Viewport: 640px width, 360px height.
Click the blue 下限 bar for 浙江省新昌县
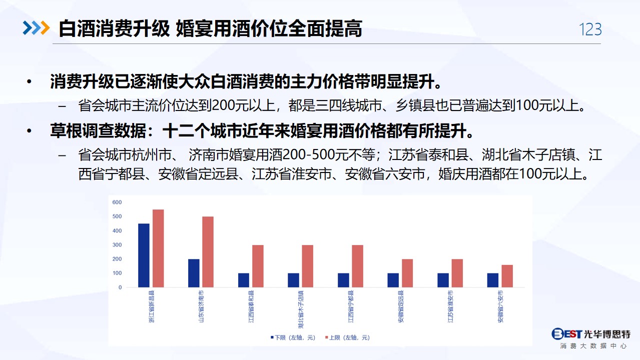144,255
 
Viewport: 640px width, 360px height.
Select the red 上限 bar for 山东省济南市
208,252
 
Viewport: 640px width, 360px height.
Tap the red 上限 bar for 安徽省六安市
507,276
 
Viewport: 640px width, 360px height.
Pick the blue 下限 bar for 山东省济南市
194,273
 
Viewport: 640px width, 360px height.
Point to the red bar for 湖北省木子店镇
308,266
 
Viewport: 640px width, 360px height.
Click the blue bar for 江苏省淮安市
443,280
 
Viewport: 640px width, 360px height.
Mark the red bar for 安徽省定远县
407,273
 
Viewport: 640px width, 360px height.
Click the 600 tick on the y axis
117,202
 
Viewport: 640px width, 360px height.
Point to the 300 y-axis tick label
117,245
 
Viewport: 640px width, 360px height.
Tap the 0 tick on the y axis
120,287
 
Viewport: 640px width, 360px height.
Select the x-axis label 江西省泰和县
251,306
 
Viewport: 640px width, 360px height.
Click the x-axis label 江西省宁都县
351,306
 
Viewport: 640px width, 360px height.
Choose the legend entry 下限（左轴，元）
293,337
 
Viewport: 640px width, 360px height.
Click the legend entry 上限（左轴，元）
347,337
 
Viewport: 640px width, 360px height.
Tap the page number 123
590,29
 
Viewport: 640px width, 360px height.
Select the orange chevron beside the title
46,28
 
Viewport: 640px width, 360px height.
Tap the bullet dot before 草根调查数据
29,131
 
